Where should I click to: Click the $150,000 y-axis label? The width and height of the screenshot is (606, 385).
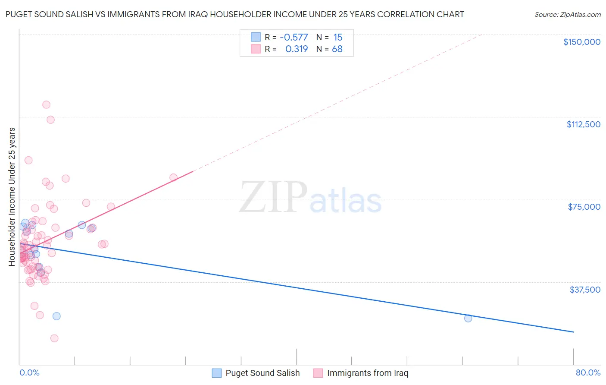pos(581,42)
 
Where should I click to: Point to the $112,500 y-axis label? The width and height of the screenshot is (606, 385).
pos(583,124)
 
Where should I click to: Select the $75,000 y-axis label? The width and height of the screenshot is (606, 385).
pos(584,207)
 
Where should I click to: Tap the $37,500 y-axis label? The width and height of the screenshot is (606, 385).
pos(585,290)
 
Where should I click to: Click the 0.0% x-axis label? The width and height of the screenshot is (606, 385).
pos(29,372)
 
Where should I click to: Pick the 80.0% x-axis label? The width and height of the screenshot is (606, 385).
pos(588,372)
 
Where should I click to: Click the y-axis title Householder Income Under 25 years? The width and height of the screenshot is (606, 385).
pos(12,196)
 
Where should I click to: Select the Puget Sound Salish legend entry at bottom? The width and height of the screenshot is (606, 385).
pos(262,373)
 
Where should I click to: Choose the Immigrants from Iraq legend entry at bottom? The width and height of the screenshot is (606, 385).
pos(367,373)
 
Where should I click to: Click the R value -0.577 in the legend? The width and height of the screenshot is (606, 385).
pos(294,38)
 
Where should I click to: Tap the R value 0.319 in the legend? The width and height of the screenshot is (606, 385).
pos(297,49)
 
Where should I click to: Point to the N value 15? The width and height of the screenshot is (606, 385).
pos(337,38)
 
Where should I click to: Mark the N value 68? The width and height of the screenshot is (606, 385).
pos(337,49)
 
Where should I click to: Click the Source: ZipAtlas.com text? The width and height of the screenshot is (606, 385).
pos(567,15)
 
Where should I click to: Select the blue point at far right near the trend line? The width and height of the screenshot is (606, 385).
pos(468,318)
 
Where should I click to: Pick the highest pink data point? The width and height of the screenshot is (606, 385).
pos(46,104)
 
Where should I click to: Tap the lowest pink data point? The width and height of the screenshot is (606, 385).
pos(54,338)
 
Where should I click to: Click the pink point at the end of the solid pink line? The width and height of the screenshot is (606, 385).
pos(173,177)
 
